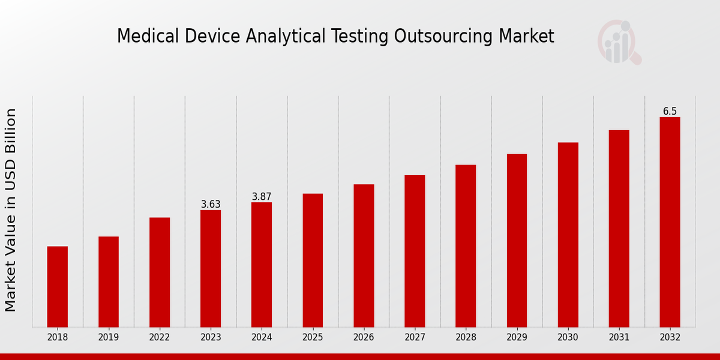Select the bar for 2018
[x=58, y=287]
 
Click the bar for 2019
[x=109, y=282]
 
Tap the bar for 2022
[x=160, y=272]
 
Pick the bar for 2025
[x=313, y=260]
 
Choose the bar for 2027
[x=415, y=251]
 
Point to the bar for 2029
[x=517, y=241]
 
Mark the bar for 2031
[x=619, y=229]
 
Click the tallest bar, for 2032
[x=670, y=222]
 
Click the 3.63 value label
[x=211, y=205]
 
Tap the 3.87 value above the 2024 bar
[x=262, y=197]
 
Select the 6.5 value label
[x=670, y=112]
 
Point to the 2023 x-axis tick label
[x=211, y=337]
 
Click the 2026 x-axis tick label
[x=364, y=337]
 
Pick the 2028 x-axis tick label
[x=466, y=337]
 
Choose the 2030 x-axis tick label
[x=568, y=337]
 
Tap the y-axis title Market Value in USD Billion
[x=11, y=210]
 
